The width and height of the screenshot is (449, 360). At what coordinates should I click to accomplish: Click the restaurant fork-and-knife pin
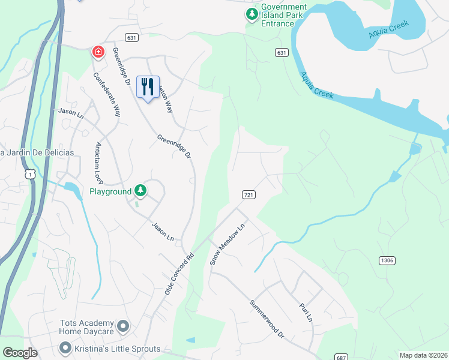tap(148, 88)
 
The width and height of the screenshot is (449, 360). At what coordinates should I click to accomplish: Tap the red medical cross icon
tap(97, 53)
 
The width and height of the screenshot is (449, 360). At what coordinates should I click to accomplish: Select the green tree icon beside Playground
tap(140, 191)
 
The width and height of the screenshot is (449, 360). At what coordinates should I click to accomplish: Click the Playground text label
tap(110, 191)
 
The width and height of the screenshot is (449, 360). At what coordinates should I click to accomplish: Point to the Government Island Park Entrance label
tap(284, 15)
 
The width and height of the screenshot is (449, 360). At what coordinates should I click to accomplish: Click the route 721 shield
tap(249, 194)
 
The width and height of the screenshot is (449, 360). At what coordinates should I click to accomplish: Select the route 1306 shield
tap(387, 260)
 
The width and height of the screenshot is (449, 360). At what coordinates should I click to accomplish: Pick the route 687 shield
tap(341, 357)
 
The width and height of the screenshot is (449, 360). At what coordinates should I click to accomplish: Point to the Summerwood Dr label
tap(267, 319)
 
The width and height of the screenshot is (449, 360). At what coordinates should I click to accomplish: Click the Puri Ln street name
tap(306, 313)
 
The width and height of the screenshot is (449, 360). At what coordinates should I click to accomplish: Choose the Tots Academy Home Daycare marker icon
tap(123, 326)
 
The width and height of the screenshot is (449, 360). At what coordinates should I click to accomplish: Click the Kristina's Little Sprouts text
tap(118, 349)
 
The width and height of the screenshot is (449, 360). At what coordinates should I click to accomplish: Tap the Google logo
tap(19, 353)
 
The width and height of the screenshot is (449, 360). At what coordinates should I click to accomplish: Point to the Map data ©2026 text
tap(423, 355)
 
